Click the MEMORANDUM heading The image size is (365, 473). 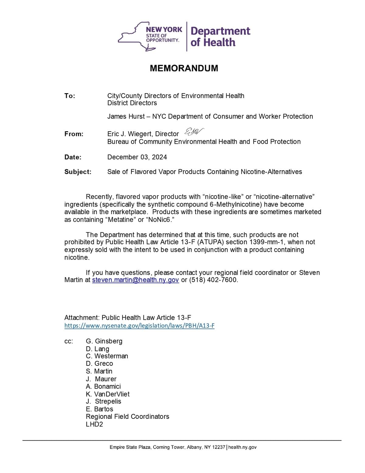click(x=184, y=68)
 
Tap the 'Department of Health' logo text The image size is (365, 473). click(x=220, y=37)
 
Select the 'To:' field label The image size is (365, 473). click(x=70, y=96)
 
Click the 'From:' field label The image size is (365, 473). click(x=74, y=134)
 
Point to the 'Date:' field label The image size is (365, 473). click(x=73, y=157)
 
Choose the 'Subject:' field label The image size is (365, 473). click(x=78, y=172)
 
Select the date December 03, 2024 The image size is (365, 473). click(x=137, y=157)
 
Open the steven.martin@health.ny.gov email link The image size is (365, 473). click(x=135, y=280)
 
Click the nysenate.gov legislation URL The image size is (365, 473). click(x=139, y=326)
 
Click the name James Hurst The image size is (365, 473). click(x=126, y=116)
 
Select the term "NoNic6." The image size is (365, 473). click(x=160, y=220)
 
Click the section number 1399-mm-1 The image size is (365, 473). click(x=267, y=242)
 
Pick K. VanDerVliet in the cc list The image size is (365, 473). click(x=108, y=394)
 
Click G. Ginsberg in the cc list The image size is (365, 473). click(x=104, y=341)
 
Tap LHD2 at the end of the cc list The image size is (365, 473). click(x=94, y=424)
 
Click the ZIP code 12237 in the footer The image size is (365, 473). click(x=219, y=447)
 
